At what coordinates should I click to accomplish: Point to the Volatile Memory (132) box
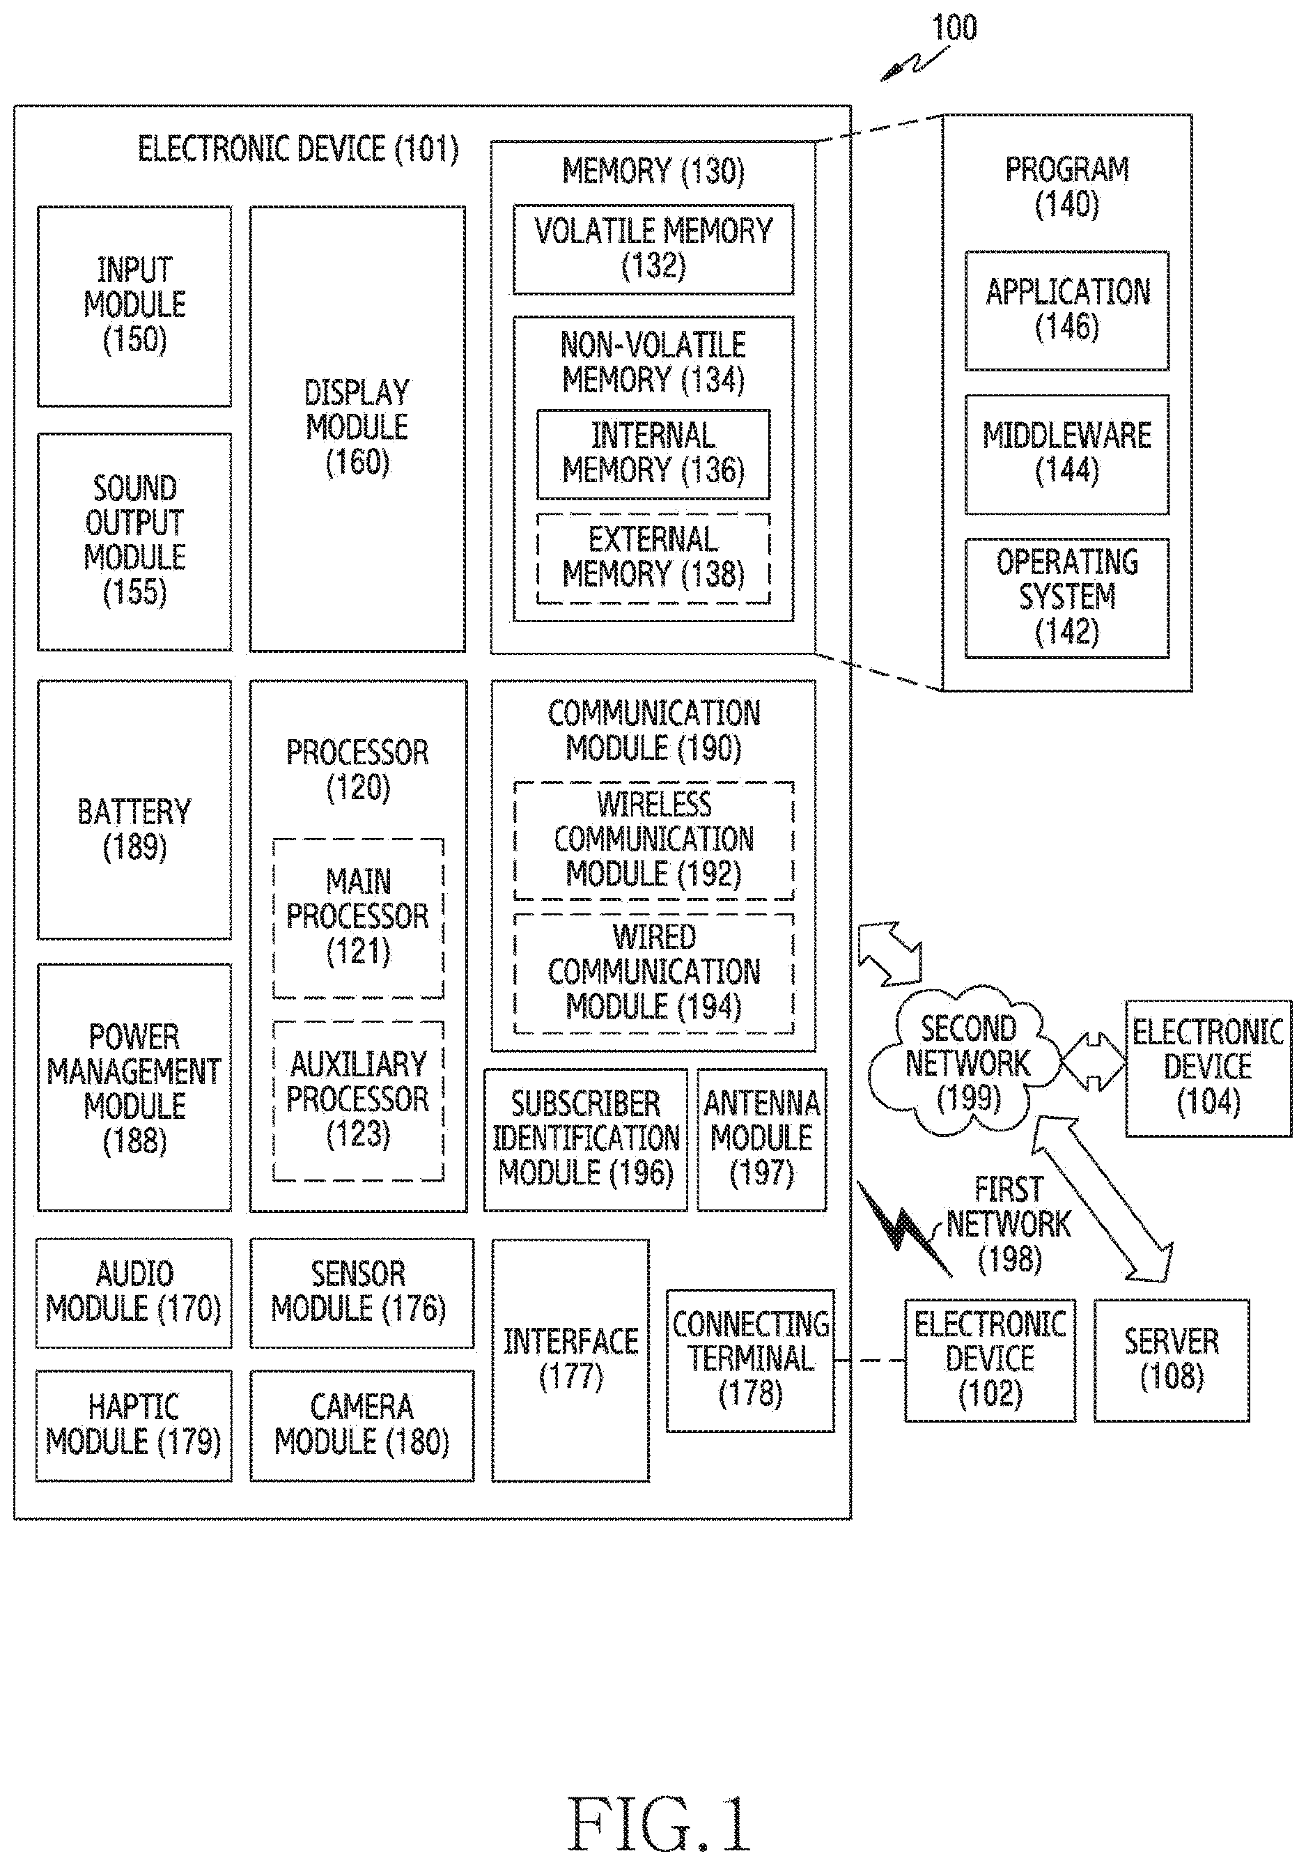pos(653,249)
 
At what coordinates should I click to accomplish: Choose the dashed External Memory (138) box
pos(653,558)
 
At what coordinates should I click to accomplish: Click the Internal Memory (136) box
pos(653,454)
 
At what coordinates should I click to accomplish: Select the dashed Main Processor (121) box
pos(358,918)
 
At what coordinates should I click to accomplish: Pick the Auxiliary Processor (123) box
pos(358,1101)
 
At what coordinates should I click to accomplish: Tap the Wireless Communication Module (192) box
pos(654,841)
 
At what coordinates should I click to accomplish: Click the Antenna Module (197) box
pos(762,1140)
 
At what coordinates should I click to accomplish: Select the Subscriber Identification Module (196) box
pos(586,1140)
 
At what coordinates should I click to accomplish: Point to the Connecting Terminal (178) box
pos(750,1361)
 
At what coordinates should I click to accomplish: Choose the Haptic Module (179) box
pos(134,1425)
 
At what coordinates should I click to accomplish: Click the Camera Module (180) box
pos(362,1425)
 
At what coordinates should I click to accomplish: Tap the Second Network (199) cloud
pos(965,1061)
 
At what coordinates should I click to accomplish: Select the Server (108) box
pos(1171,1361)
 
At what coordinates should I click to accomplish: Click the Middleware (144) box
pos(1066,454)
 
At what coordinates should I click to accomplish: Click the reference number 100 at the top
pos(954,28)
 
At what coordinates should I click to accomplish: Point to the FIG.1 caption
pos(658,1823)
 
